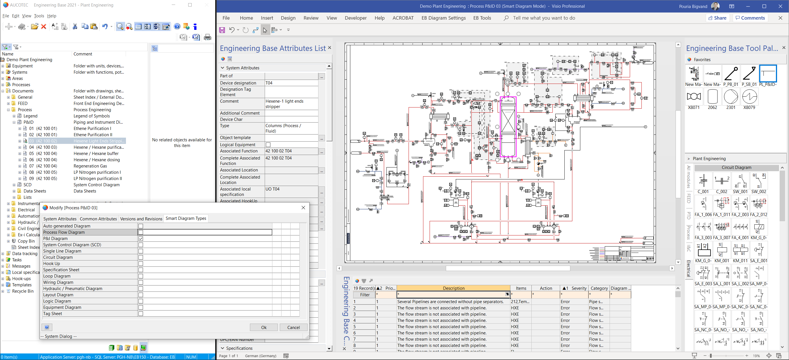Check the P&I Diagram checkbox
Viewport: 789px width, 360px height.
pyautogui.click(x=140, y=238)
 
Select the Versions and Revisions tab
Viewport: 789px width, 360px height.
pyautogui.click(x=141, y=219)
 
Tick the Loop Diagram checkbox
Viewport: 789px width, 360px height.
pyautogui.click(x=140, y=276)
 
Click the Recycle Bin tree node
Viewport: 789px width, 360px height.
pyautogui.click(x=23, y=291)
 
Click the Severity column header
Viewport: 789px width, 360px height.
pyautogui.click(x=579, y=288)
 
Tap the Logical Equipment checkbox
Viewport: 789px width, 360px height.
pyautogui.click(x=268, y=145)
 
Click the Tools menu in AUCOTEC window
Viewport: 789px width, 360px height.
pyautogui.click(x=39, y=16)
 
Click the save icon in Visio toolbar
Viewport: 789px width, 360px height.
pyautogui.click(x=222, y=30)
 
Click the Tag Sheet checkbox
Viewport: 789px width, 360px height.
pyautogui.click(x=140, y=314)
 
